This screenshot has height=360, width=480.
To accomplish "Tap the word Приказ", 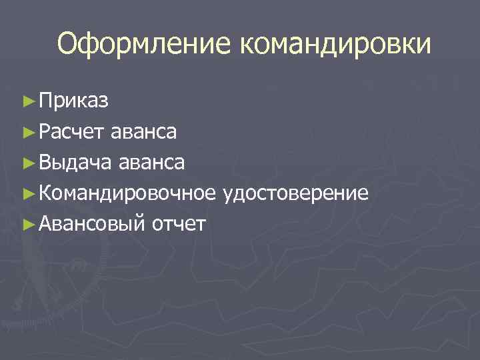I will (74, 101).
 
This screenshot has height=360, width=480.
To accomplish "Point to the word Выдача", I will (75, 162).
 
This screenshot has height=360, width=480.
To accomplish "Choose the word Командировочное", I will (127, 193).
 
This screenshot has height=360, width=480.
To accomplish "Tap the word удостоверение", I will (296, 193).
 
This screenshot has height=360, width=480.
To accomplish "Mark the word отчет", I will (179, 224).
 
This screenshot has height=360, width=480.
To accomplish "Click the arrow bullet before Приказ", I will (27, 101).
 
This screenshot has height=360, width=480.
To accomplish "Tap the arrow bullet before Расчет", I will (27, 132).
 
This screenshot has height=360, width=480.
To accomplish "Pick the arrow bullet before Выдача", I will (27, 163).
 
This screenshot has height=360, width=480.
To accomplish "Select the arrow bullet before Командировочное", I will (27, 193).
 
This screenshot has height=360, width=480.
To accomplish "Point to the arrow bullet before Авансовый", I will (27, 224).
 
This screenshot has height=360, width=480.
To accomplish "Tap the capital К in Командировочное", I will (45, 193).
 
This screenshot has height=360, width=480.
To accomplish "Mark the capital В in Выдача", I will (45, 162).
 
